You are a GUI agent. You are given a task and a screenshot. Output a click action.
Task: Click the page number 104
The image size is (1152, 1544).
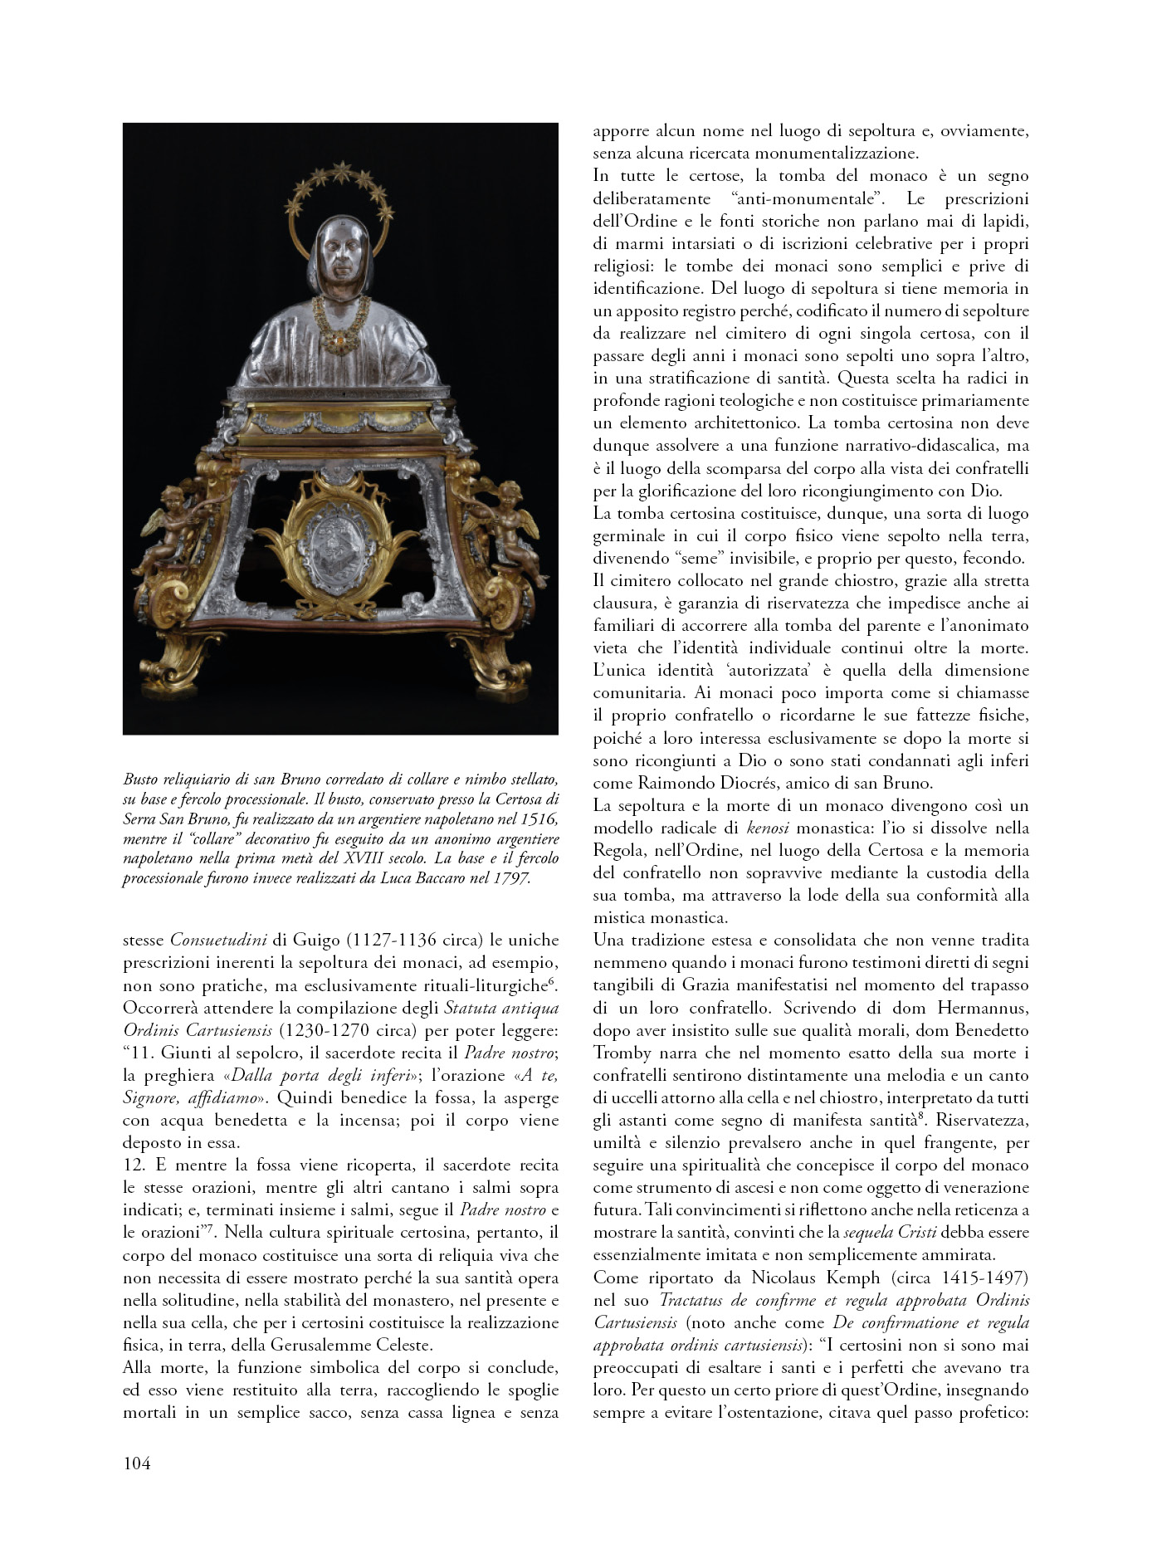(x=137, y=1463)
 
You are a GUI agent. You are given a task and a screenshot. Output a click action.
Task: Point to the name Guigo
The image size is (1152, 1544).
(x=318, y=941)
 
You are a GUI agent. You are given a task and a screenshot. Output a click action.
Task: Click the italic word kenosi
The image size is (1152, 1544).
(x=768, y=828)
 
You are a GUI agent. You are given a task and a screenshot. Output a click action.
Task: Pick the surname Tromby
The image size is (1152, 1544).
(x=624, y=1053)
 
